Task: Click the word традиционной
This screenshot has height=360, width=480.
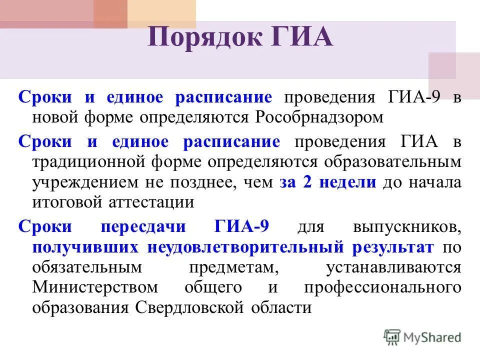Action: tap(93, 162)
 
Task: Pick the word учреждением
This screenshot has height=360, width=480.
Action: tap(80, 182)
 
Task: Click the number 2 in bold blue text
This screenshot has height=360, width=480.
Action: tap(307, 182)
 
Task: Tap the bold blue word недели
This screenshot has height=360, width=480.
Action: tap(347, 182)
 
